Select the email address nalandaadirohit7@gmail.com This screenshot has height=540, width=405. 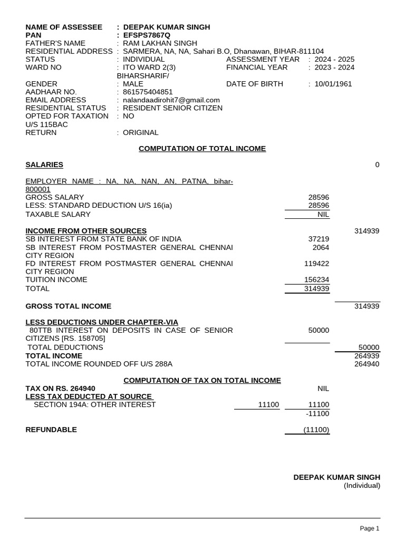pyautogui.click(x=171, y=100)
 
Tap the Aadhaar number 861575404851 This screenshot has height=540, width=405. pyautogui.click(x=148, y=92)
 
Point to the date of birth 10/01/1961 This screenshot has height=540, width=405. pyautogui.click(x=333, y=84)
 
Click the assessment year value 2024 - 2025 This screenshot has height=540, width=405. pyautogui.click(x=335, y=59)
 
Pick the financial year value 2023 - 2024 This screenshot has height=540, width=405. pyautogui.click(x=335, y=67)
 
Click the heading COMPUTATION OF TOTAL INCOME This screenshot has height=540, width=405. pyautogui.click(x=202, y=149)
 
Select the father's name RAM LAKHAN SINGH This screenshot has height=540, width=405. pyautogui.click(x=160, y=43)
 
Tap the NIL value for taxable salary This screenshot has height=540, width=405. pyautogui.click(x=322, y=214)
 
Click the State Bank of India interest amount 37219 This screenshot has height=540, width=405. pyautogui.click(x=319, y=239)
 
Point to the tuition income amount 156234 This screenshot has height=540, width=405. pyautogui.click(x=316, y=279)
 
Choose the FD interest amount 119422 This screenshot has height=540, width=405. pyautogui.click(x=316, y=263)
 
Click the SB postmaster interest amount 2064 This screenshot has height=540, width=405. pyautogui.click(x=321, y=247)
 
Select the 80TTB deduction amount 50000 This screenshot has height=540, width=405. pyautogui.click(x=319, y=330)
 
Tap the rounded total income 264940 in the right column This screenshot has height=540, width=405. pyautogui.click(x=369, y=364)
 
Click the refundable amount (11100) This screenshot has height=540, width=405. pyautogui.click(x=316, y=430)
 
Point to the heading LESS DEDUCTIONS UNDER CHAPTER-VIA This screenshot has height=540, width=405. pyautogui.click(x=102, y=322)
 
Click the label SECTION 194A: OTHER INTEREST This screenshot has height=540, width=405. pyautogui.click(x=95, y=404)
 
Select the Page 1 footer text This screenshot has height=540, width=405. pyautogui.click(x=369, y=528)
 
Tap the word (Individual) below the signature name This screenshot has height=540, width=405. pyautogui.click(x=362, y=485)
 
